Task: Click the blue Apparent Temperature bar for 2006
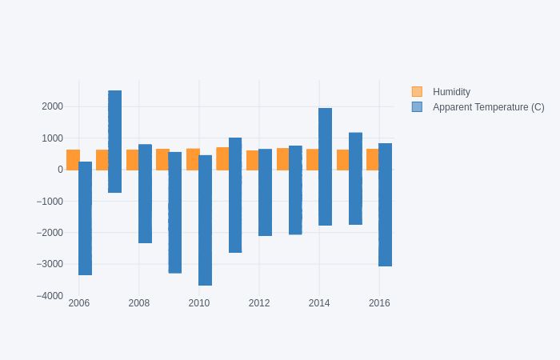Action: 85,218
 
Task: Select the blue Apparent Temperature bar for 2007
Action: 115,142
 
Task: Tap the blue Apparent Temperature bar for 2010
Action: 205,220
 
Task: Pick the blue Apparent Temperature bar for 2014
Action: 325,166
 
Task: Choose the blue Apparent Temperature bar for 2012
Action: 265,192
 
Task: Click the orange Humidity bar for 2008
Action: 132,160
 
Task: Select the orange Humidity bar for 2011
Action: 222,158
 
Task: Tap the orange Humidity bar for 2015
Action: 342,160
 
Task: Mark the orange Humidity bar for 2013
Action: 282,159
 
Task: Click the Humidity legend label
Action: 451,92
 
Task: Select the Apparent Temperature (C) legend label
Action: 488,107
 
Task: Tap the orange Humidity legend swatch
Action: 417,92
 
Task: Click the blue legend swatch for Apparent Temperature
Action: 417,107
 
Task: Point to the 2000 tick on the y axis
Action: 52,106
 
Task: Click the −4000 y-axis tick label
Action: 50,296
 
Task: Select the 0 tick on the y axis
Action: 60,170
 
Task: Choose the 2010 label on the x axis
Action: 199,303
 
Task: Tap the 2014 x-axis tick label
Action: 319,303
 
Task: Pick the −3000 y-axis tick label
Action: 50,264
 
